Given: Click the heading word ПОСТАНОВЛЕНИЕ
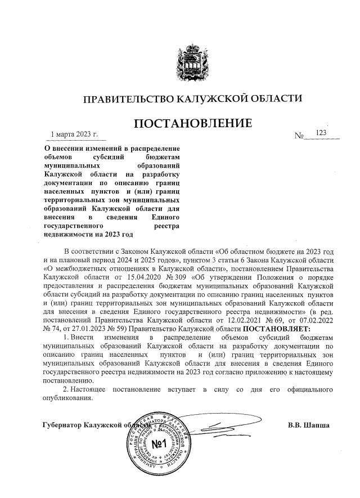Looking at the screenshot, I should (x=192, y=123).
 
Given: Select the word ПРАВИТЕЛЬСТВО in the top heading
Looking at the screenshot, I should (x=125, y=99).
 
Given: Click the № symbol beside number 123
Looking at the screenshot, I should (x=299, y=136).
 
